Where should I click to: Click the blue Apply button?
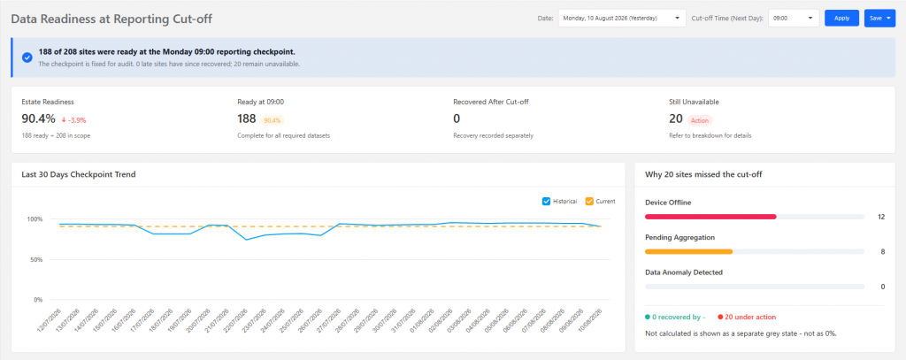click(842, 18)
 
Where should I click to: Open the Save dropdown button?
click(879, 18)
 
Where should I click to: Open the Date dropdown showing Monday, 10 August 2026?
click(622, 18)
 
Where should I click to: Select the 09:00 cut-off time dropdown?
click(794, 18)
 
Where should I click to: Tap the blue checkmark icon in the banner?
click(27, 57)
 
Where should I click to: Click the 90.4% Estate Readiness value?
click(39, 119)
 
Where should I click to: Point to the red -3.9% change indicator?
click(73, 120)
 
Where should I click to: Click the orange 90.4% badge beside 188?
click(273, 120)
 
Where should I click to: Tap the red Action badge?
click(700, 120)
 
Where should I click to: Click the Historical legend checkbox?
click(546, 201)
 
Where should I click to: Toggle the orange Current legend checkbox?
click(589, 201)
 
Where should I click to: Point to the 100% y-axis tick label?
click(35, 219)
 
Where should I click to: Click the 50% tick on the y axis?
click(36, 259)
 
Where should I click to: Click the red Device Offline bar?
click(710, 217)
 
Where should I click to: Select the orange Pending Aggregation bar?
click(688, 251)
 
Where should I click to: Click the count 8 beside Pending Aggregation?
click(882, 252)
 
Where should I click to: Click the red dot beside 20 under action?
click(720, 318)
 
